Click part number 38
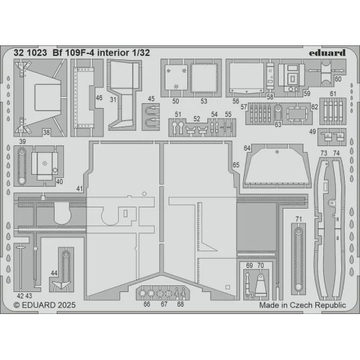click(46, 133)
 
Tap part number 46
click(99, 98)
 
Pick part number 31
click(114, 101)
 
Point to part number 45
click(151, 99)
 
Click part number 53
click(204, 101)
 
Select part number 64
click(247, 148)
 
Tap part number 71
click(299, 219)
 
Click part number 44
click(54, 273)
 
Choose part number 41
click(79, 189)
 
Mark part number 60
click(338, 79)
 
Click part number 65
click(235, 164)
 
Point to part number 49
click(313, 132)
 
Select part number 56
click(236, 101)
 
